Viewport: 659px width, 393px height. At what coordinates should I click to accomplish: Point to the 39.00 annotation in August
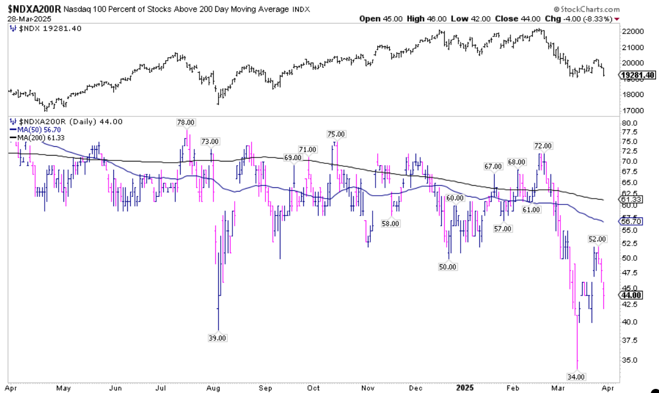point(217,337)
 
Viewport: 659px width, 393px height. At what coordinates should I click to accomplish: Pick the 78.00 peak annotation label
point(185,122)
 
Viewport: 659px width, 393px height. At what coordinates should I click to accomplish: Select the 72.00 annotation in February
point(543,146)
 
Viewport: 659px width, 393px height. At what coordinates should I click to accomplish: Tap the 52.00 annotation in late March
point(597,239)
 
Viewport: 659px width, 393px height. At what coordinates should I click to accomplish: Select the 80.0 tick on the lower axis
point(629,123)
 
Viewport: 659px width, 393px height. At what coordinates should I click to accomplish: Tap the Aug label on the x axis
point(213,388)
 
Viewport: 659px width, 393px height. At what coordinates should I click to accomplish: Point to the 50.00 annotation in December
point(448,266)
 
